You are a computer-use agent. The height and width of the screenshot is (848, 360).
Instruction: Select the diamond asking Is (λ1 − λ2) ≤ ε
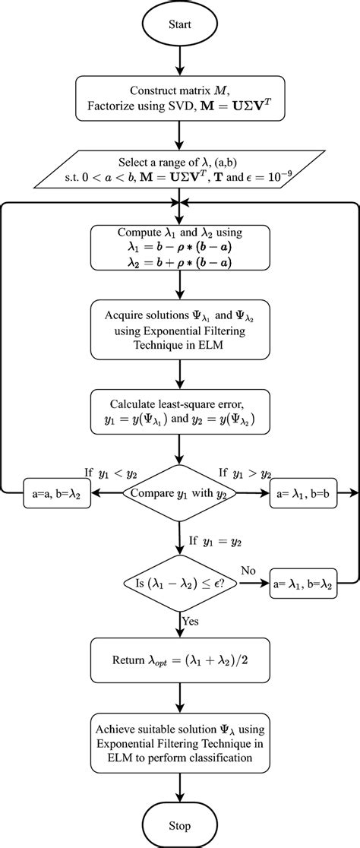tap(180, 584)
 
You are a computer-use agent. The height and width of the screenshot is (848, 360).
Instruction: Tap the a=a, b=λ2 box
tap(56, 494)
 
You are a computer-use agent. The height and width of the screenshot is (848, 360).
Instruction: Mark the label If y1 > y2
tap(245, 473)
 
